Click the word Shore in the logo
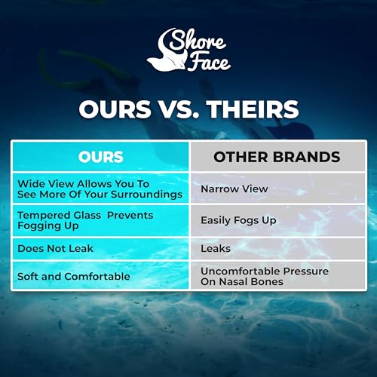tap(198, 40)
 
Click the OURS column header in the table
tap(100, 157)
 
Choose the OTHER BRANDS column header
tap(277, 157)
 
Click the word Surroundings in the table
tap(147, 195)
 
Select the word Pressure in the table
tap(306, 271)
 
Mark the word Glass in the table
tap(87, 216)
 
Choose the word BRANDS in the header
tap(307, 157)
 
